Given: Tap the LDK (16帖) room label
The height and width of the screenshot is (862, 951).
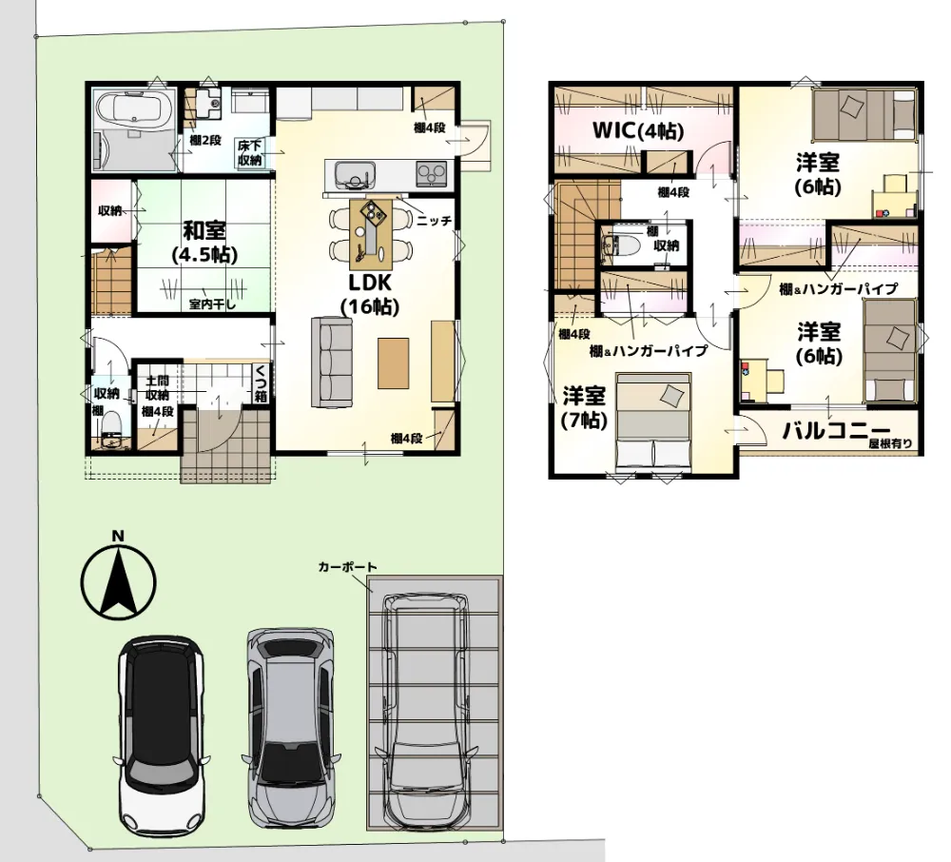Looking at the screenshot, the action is pyautogui.click(x=370, y=295).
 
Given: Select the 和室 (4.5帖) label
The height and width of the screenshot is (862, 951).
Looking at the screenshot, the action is pyautogui.click(x=204, y=242).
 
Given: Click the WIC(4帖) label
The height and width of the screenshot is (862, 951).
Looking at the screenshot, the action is pyautogui.click(x=638, y=130).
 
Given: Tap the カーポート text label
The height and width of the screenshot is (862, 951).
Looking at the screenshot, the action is pyautogui.click(x=347, y=567).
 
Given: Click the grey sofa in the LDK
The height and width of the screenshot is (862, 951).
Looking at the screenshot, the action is pyautogui.click(x=332, y=362).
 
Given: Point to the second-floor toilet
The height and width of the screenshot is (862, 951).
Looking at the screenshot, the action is pyautogui.click(x=618, y=245).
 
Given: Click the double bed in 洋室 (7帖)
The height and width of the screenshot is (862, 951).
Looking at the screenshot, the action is pyautogui.click(x=653, y=421).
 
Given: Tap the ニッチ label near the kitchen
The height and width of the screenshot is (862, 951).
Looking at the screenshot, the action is pyautogui.click(x=435, y=221).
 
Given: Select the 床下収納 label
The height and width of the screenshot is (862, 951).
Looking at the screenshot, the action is pyautogui.click(x=249, y=153).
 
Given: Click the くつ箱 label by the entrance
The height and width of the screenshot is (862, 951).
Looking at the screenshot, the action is pyautogui.click(x=261, y=383).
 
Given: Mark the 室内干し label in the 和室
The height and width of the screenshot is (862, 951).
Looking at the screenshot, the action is pyautogui.click(x=212, y=304).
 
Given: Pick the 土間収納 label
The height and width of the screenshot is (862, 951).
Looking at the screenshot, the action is pyautogui.click(x=157, y=388).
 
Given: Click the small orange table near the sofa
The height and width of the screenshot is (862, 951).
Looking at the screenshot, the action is pyautogui.click(x=393, y=362).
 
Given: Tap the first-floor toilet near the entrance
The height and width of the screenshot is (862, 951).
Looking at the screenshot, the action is pyautogui.click(x=111, y=427).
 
